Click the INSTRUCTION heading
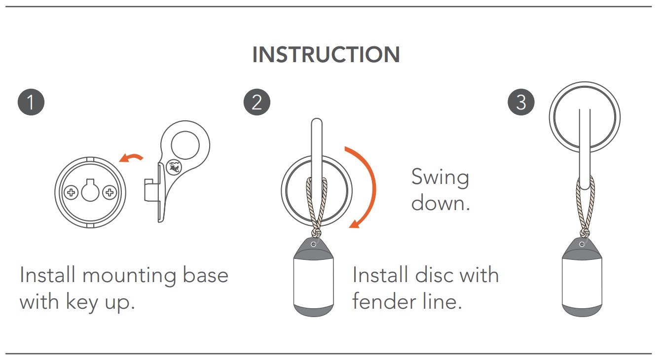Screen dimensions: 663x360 [326, 54]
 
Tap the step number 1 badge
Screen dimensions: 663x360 [31, 102]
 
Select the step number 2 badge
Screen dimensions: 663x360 [257, 102]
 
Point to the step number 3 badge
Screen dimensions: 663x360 [521, 102]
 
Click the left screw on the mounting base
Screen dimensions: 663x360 [71, 192]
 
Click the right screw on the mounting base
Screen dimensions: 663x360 [110, 192]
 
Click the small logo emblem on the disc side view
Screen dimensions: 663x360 [174, 168]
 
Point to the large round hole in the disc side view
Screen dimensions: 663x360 [185, 145]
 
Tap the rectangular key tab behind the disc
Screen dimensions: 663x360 [149, 190]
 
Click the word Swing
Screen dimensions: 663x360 [440, 178]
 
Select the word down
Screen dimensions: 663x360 [441, 203]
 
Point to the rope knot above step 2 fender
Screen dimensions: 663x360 [316, 232]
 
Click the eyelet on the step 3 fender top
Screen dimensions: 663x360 [582, 244]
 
